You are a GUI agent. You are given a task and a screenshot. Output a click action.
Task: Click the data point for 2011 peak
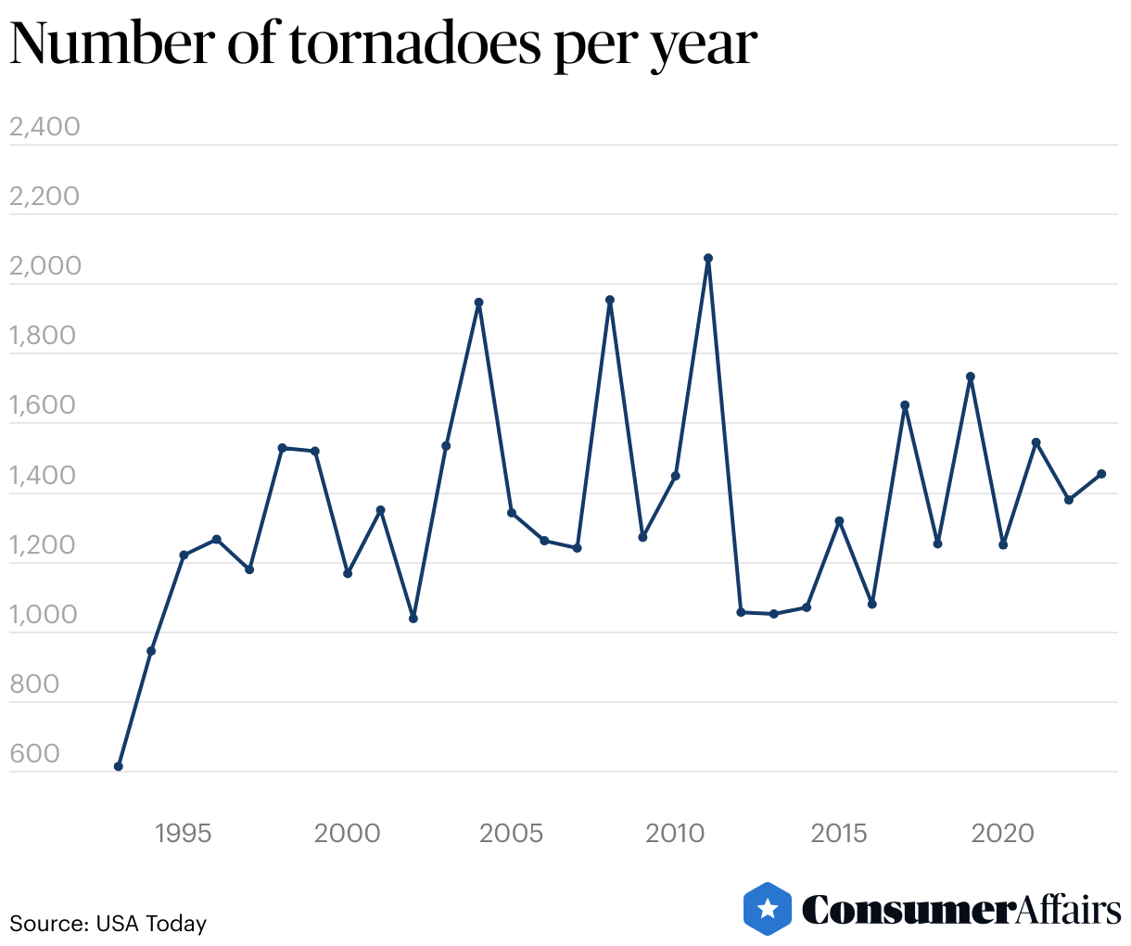pos(708,259)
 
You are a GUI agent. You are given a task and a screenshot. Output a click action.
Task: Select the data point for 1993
pos(119,766)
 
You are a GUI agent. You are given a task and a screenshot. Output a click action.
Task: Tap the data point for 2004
pos(479,302)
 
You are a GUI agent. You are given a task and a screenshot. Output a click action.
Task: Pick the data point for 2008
pos(610,300)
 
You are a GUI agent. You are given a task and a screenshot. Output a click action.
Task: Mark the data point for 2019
pos(971,377)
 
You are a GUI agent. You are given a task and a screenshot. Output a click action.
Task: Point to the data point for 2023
pos(1101,474)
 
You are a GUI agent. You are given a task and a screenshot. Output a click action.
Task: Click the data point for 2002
pos(413,619)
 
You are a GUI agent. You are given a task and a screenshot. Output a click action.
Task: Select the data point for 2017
pos(905,405)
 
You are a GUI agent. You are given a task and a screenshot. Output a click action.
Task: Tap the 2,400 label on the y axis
pos(44,126)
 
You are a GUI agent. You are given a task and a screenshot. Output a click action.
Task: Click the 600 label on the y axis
pos(34,753)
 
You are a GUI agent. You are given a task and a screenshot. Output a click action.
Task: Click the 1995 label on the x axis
pos(184,833)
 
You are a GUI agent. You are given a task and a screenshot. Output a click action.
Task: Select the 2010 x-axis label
pos(676,833)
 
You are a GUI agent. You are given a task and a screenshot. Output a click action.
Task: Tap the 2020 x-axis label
pos(1003,833)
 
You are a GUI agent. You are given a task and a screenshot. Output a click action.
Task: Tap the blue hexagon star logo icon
pos(768,909)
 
